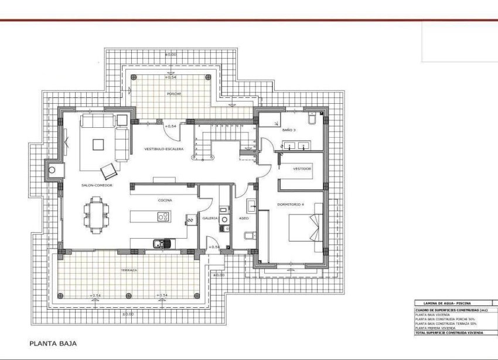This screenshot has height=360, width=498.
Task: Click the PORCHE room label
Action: click(174, 93)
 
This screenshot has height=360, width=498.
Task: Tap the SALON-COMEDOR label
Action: click(97, 185)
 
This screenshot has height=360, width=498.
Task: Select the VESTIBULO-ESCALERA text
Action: click(164, 150)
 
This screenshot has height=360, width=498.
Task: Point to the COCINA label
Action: click(165, 201)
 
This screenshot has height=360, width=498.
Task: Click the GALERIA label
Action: click(210, 218)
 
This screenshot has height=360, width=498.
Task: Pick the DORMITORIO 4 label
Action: click(291, 205)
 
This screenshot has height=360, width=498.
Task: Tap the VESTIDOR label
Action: click(302, 168)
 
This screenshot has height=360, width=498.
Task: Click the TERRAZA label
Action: click(129, 270)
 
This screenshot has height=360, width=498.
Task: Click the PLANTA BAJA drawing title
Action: click(53, 344)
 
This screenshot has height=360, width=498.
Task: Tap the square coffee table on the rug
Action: click(98, 144)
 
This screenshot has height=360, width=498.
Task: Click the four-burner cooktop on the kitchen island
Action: click(163, 217)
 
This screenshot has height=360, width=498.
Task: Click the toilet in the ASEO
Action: click(248, 236)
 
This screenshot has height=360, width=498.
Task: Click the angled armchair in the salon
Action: click(109, 171)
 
